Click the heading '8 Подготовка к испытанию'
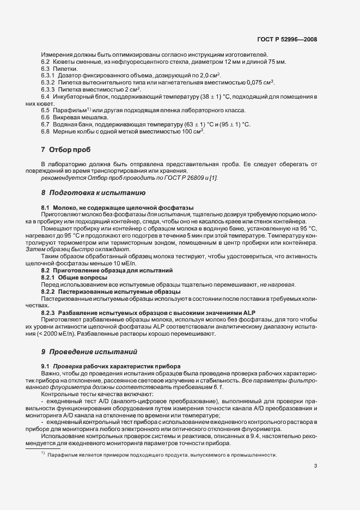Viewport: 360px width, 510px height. tap(89, 192)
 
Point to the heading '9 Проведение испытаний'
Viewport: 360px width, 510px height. tap(86, 351)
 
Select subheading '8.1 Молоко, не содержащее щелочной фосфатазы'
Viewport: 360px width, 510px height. tap(118, 208)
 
